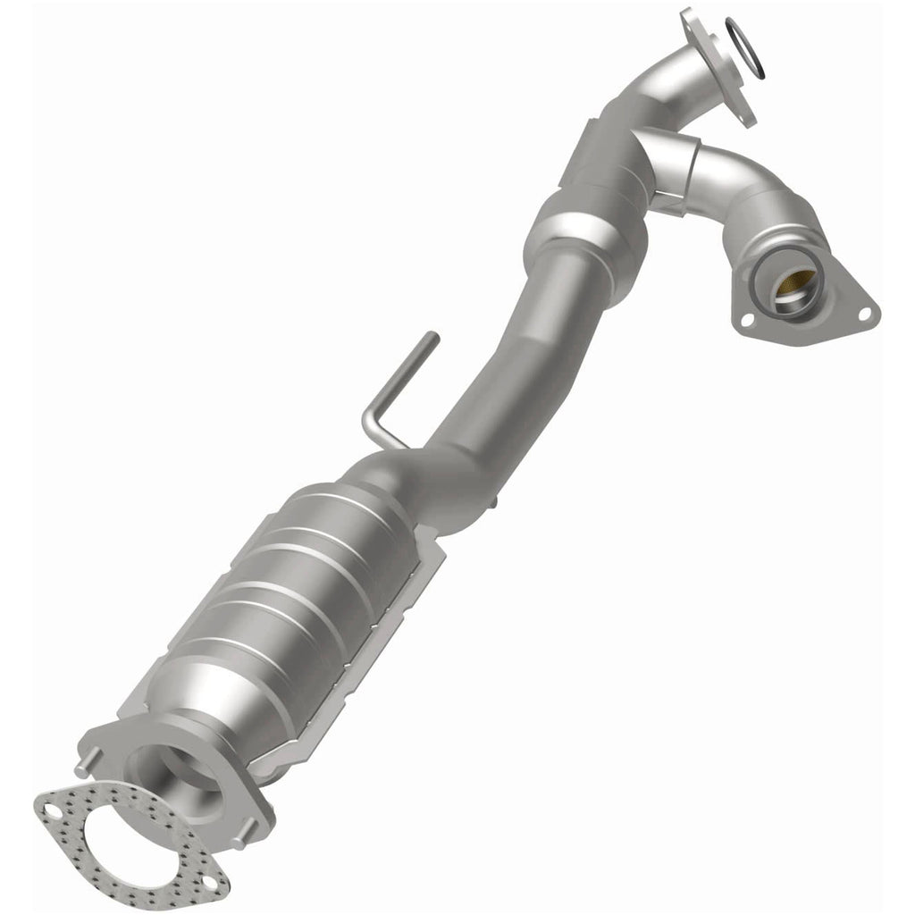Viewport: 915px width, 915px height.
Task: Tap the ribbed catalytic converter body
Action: click(x=286, y=608)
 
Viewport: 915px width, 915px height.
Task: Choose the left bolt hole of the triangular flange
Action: click(x=743, y=318)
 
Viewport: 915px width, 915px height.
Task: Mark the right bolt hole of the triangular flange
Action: click(x=864, y=314)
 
